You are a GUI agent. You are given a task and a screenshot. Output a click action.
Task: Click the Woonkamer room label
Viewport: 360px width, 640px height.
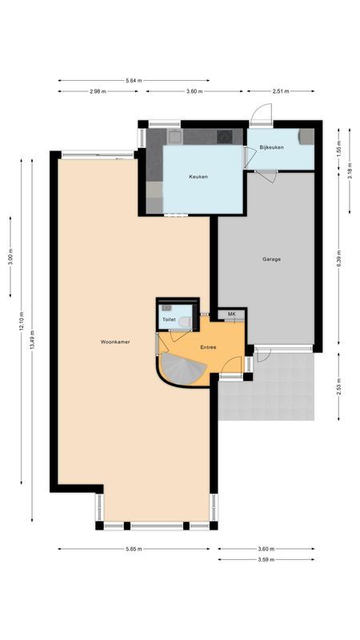point(116,342)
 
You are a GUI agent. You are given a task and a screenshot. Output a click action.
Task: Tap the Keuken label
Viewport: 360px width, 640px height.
point(198,177)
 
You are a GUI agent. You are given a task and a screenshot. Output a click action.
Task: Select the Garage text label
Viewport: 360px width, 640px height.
point(272,259)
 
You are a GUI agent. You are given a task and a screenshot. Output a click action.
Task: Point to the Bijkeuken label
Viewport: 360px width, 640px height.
point(270,146)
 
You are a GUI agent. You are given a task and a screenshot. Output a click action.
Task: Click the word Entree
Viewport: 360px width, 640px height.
point(208,347)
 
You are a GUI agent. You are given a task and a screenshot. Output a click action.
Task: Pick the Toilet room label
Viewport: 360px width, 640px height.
point(169,319)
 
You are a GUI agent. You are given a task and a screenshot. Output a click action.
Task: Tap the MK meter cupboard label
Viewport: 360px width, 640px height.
point(231,314)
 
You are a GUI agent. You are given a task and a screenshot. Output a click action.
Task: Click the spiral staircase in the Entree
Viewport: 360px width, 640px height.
point(182,370)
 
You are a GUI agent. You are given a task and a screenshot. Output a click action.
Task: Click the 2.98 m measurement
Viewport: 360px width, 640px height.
point(98,92)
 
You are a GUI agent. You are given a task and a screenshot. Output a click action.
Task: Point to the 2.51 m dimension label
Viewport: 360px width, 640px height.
point(281,92)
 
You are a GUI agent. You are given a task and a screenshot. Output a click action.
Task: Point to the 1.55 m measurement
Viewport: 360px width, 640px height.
point(338,148)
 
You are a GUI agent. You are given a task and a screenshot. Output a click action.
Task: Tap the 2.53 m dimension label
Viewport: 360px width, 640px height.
point(338,388)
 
